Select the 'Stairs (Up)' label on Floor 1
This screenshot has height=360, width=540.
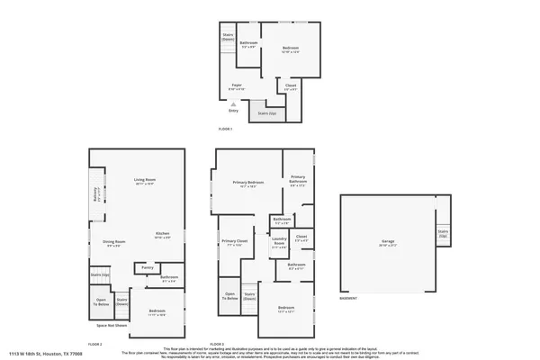point(267,114)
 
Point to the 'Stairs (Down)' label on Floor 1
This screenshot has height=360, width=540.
point(228,38)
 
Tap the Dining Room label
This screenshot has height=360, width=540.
point(113,242)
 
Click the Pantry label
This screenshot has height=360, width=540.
point(147,267)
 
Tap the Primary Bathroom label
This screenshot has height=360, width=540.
point(298,180)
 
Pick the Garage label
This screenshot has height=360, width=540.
point(389,242)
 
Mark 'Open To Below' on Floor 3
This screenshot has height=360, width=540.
point(230,296)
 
